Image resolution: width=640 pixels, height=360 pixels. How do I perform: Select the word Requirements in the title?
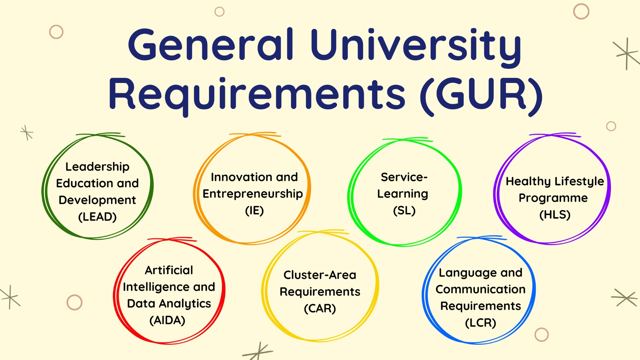coord(257,94)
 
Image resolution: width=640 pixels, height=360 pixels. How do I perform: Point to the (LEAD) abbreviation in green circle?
coord(97,217)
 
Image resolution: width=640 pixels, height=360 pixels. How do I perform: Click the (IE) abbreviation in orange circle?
coord(254,211)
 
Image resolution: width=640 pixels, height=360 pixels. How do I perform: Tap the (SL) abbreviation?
coord(404,211)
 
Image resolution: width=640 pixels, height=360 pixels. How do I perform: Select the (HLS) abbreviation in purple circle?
coord(555,215)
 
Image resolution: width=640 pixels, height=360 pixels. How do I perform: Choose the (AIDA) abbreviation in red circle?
coord(167,320)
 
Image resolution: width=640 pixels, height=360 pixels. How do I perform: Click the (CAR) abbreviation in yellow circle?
coord(320,308)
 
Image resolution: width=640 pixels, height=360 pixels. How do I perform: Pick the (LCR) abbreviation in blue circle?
coord(480,323)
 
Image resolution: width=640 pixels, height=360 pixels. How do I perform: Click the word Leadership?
coord(97,167)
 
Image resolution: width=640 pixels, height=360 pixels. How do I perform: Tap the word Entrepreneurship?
coord(253,194)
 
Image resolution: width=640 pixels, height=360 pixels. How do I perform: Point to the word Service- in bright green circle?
coord(404,177)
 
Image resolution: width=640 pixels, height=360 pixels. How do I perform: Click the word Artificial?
coord(169,270)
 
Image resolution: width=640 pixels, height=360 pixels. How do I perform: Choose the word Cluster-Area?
coord(320,275)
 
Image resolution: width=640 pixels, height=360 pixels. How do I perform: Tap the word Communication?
coord(480,289)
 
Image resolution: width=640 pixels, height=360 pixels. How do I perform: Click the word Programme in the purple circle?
coord(553,198)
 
